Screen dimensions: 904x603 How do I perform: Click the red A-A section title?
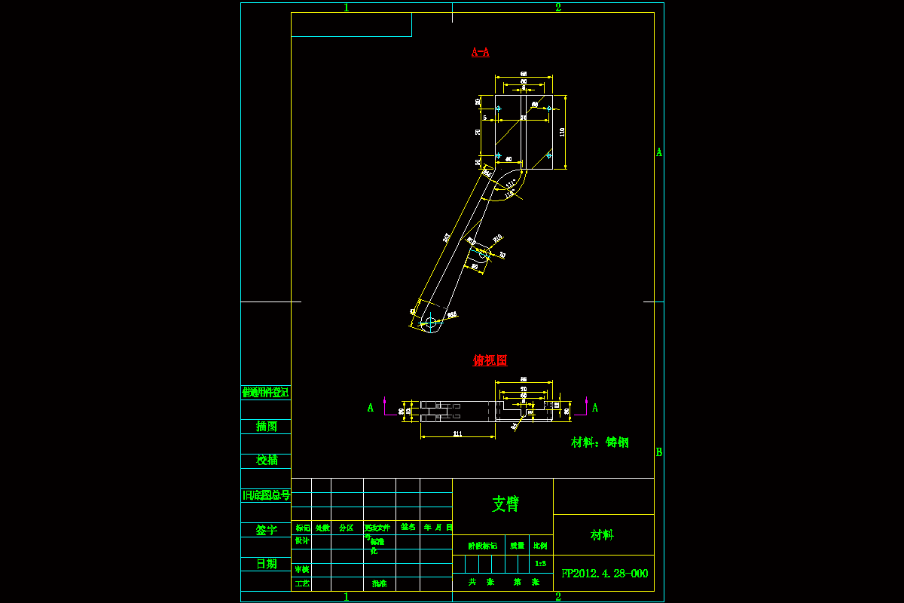click(480, 52)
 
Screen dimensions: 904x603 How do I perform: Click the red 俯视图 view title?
click(490, 360)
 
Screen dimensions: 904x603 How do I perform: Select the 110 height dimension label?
click(562, 131)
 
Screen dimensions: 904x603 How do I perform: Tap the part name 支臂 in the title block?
click(505, 504)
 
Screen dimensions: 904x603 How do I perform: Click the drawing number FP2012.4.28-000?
click(604, 574)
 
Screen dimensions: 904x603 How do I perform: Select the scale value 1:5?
click(540, 563)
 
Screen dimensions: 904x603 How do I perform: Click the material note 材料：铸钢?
click(600, 442)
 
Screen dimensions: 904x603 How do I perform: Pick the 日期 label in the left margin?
click(266, 564)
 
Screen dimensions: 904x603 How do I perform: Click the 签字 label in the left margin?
click(266, 530)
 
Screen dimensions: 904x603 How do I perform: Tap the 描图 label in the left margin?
click(266, 427)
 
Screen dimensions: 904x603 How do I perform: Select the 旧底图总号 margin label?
click(266, 495)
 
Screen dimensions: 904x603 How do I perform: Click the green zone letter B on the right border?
click(658, 452)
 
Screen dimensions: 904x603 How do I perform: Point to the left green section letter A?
click(370, 408)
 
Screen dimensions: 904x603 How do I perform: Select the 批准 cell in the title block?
click(379, 583)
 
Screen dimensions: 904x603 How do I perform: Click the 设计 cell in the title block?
click(301, 540)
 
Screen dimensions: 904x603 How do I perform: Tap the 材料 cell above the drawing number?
click(602, 535)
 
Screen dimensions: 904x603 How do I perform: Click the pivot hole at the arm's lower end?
click(431, 323)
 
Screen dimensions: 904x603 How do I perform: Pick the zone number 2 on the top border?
click(558, 8)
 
